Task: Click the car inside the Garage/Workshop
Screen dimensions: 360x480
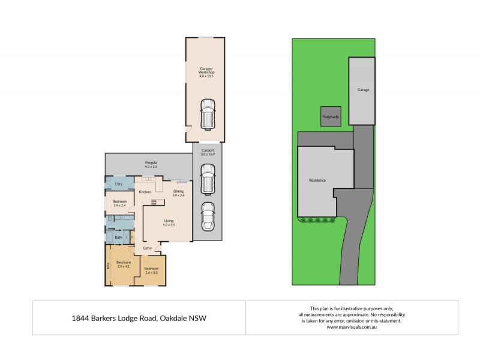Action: tap(207, 115)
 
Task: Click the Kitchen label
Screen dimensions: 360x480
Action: tap(145, 191)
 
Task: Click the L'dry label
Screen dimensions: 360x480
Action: tap(119, 183)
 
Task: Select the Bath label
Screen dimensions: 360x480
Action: tap(118, 237)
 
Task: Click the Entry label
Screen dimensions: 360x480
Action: tap(147, 248)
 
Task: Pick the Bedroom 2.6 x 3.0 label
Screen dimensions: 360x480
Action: tap(151, 270)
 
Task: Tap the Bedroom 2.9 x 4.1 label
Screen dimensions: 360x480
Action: tap(123, 265)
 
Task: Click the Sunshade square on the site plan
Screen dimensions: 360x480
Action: tap(330, 116)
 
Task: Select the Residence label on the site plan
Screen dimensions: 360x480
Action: tap(317, 179)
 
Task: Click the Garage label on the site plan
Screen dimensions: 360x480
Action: tap(363, 90)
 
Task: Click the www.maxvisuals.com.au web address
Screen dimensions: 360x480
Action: tap(351, 328)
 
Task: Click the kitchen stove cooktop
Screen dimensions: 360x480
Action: tap(154, 202)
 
